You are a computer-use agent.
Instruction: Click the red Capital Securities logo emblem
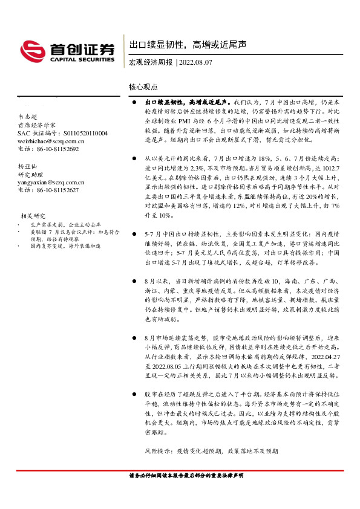[x=32, y=50]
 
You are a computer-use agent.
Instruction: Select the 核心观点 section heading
[x=143, y=87]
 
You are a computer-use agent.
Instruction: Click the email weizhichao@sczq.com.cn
[x=51, y=141]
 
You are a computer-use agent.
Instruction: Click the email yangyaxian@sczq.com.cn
[x=51, y=181]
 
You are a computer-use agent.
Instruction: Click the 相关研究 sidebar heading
[x=33, y=215]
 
